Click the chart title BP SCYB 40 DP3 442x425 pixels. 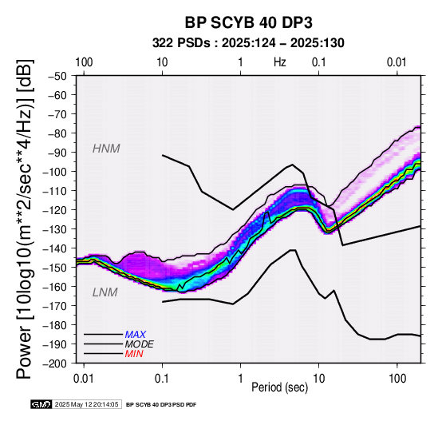[x=248, y=22]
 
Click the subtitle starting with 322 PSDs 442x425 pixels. [x=248, y=43]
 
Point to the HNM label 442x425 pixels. [x=106, y=149]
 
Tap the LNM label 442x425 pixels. [x=105, y=292]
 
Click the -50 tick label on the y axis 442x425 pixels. [x=57, y=76]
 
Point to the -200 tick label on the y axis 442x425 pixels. [x=55, y=363]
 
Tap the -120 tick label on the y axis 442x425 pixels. [x=55, y=209]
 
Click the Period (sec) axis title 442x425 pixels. [x=279, y=387]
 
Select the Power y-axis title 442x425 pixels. [x=25, y=219]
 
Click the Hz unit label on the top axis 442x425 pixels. [x=280, y=62]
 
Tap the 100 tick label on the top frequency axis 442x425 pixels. [x=84, y=62]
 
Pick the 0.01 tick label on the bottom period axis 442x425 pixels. [x=84, y=379]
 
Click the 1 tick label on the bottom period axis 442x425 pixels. [x=240, y=379]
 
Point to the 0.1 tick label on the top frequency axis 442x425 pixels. [x=319, y=62]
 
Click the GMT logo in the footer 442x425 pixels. [x=41, y=404]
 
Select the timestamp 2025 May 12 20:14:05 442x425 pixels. [x=86, y=404]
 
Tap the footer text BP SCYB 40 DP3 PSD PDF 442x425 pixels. [x=161, y=405]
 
